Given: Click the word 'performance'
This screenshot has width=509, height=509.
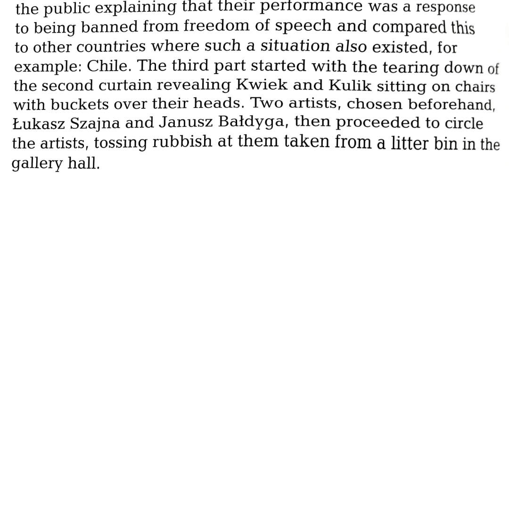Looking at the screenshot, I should tap(312, 6).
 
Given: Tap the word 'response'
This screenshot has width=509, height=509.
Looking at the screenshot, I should tap(445, 8).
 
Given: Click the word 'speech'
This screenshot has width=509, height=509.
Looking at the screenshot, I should tap(304, 26).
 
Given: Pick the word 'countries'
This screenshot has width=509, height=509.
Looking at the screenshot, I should tap(111, 47).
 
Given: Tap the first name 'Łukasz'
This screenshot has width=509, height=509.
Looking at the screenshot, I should tap(39, 123).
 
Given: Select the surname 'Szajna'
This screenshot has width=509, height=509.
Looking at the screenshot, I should tap(95, 124).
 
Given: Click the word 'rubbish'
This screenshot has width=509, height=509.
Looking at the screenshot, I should tap(182, 142).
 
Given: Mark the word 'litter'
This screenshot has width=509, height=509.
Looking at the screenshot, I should tap(410, 143).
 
